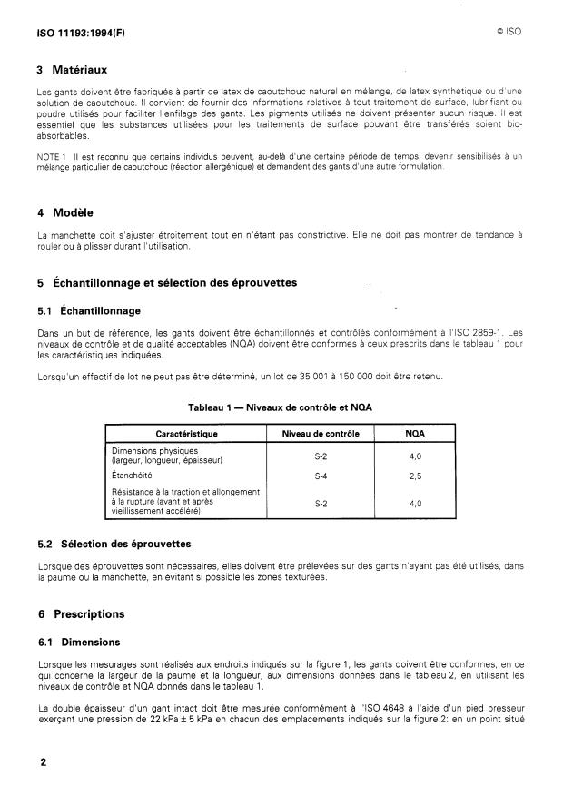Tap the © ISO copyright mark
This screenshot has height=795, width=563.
[508, 30]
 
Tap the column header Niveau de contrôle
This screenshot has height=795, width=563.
[321, 434]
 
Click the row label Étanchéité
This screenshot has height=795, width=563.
[132, 475]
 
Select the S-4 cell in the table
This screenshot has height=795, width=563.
[321, 475]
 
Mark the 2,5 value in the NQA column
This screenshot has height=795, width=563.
[415, 475]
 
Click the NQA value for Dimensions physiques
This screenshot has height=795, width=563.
[415, 456]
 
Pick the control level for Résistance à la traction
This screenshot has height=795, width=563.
[321, 502]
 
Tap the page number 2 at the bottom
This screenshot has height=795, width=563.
[42, 761]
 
